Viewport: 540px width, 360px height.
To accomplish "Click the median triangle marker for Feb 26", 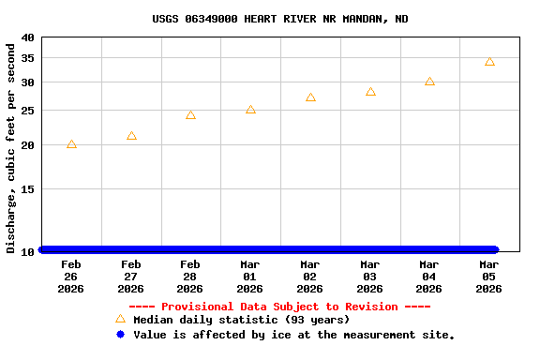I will pos(71,144).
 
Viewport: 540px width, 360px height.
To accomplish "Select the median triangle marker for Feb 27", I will pos(131,136).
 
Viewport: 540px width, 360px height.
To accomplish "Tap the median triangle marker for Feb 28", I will pos(190,115).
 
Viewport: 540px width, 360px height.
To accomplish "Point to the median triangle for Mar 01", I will pos(250,110).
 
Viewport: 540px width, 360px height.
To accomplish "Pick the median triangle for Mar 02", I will pos(310,97).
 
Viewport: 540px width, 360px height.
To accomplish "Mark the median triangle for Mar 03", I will pos(370,92).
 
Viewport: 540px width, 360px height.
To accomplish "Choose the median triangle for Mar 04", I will pos(429,82).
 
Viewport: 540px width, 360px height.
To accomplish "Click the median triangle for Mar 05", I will pos(489,62).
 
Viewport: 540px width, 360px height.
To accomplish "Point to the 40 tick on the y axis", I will pos(26,37).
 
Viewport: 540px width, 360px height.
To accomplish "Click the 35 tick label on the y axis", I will pos(26,58).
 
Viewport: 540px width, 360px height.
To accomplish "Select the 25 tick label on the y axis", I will pos(26,111).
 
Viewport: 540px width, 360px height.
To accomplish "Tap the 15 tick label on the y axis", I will pos(26,189).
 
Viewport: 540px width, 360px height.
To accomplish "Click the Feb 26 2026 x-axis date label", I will pos(71,277).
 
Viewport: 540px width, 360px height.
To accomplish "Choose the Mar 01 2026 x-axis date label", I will pos(250,277).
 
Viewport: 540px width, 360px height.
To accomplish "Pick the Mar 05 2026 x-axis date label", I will pos(489,277).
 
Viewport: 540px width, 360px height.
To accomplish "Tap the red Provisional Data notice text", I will pos(279,307).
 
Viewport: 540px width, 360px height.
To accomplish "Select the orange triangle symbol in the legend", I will pos(120,319).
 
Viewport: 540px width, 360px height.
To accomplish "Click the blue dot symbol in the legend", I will pos(120,334).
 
